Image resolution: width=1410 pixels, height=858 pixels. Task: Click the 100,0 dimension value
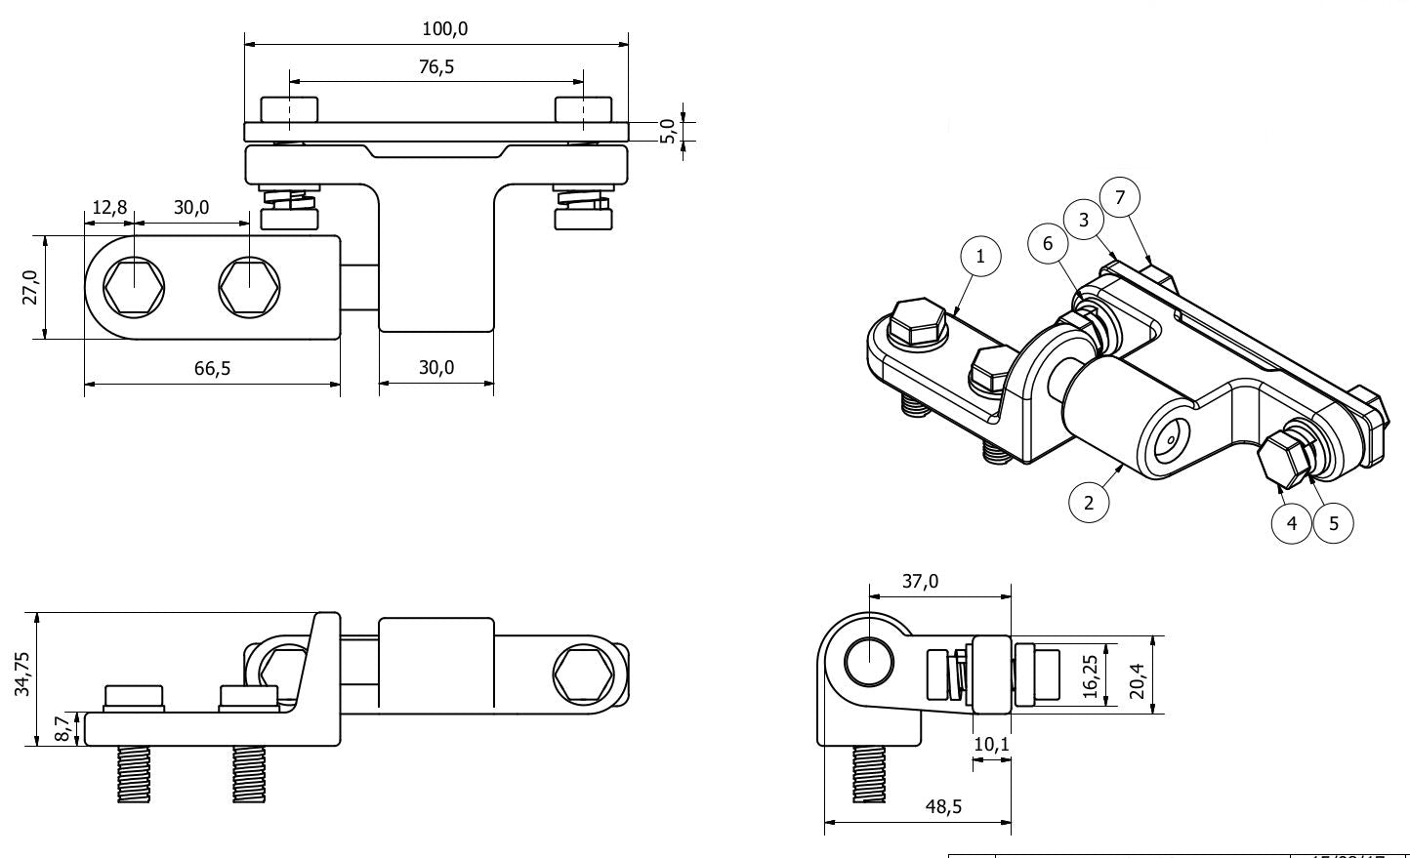click(444, 29)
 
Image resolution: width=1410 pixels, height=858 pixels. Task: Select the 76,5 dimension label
click(436, 67)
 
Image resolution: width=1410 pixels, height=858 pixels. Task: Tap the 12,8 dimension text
click(109, 208)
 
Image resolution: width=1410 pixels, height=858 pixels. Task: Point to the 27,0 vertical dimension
click(29, 288)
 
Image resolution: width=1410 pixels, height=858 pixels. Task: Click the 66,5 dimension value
click(211, 368)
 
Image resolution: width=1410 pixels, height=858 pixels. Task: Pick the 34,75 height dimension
click(22, 674)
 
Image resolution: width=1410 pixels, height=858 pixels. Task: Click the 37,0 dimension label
click(920, 582)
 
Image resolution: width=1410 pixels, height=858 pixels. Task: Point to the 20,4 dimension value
click(1137, 676)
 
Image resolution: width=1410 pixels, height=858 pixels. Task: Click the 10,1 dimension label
click(992, 745)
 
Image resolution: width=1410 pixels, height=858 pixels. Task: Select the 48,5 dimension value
click(944, 806)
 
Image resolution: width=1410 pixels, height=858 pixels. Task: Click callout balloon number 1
click(981, 257)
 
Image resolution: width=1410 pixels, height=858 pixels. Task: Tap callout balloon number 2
click(1089, 503)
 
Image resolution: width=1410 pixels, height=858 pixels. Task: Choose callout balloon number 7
click(1120, 197)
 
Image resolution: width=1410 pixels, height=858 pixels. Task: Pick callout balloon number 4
click(1292, 522)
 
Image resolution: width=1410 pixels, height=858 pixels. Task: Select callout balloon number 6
click(1048, 243)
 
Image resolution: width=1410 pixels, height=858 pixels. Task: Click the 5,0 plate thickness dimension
click(668, 131)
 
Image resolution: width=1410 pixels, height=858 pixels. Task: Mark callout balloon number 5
click(1334, 522)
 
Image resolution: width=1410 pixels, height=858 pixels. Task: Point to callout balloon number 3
click(1084, 220)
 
